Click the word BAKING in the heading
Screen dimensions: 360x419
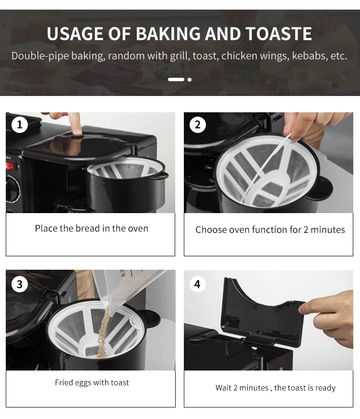click(168, 34)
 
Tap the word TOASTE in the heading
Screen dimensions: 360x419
click(278, 34)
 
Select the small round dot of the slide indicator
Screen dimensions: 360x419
click(190, 80)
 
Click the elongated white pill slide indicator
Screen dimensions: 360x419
click(176, 80)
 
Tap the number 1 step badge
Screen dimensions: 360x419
click(20, 124)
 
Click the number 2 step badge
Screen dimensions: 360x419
click(198, 124)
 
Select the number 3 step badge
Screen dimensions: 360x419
click(20, 284)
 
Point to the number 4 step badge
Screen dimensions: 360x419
click(197, 284)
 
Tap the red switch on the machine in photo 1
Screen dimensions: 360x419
click(10, 166)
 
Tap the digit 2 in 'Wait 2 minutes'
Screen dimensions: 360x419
click(235, 388)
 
